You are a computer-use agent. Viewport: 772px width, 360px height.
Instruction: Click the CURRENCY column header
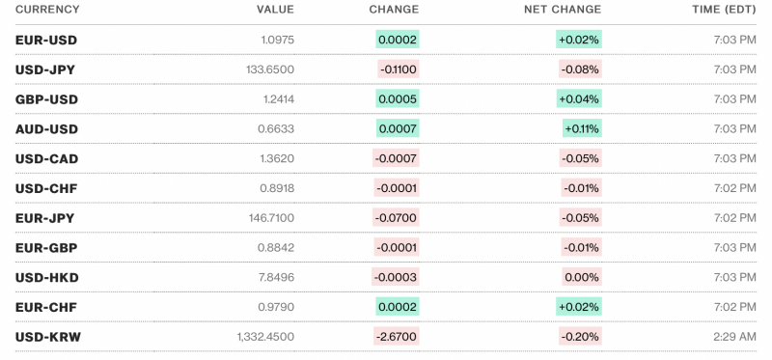tap(47, 10)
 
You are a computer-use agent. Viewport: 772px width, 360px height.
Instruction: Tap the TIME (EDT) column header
tap(716, 10)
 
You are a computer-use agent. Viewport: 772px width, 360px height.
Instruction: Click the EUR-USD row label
tap(46, 40)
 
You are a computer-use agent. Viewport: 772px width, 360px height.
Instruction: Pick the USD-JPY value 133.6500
tap(270, 69)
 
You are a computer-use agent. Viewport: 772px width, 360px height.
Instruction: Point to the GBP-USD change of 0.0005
tap(398, 99)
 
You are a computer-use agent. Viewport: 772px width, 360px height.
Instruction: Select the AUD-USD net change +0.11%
tap(582, 128)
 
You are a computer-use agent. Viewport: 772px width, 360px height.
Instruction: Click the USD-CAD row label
tap(47, 158)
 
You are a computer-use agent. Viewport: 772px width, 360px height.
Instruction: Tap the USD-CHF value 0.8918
tap(277, 188)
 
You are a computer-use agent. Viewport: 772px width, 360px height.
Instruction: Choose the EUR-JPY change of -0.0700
tap(396, 218)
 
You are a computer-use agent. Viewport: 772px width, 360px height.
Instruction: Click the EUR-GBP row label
tap(46, 248)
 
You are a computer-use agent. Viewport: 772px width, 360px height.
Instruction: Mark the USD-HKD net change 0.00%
tap(582, 278)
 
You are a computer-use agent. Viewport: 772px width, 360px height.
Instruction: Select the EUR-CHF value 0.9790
tap(277, 307)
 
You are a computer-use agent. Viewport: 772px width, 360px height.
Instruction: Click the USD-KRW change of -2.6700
tap(396, 337)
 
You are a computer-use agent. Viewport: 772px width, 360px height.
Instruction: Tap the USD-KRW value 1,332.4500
tap(265, 337)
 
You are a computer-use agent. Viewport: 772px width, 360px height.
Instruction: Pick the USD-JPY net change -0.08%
tap(580, 69)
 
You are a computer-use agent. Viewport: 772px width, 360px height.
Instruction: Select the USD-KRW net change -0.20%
tap(580, 337)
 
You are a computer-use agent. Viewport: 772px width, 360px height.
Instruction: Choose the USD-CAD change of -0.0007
tap(396, 158)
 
